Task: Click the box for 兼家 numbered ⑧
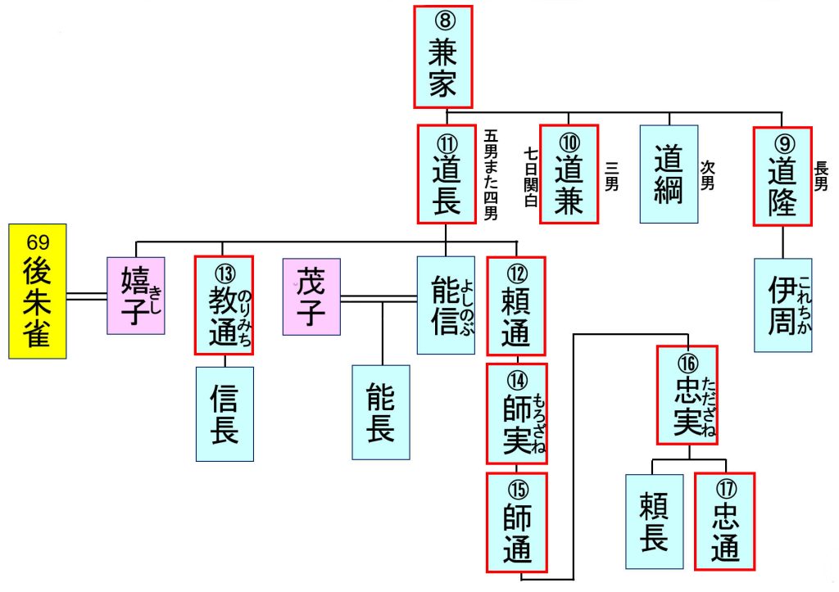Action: (443, 56)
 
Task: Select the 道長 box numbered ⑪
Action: (447, 174)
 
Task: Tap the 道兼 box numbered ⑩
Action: (569, 174)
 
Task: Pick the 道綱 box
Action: (669, 174)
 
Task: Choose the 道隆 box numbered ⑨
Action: (782, 174)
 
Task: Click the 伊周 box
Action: (782, 305)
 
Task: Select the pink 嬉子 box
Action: (135, 296)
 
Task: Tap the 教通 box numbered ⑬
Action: (224, 305)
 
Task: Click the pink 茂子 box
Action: (311, 296)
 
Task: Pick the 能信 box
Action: (446, 305)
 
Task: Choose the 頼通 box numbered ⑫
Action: (516, 305)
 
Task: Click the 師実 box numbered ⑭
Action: (516, 413)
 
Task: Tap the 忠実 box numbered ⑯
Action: (687, 395)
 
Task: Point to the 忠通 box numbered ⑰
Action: (724, 521)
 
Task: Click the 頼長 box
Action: (654, 521)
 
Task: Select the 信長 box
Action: (224, 413)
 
